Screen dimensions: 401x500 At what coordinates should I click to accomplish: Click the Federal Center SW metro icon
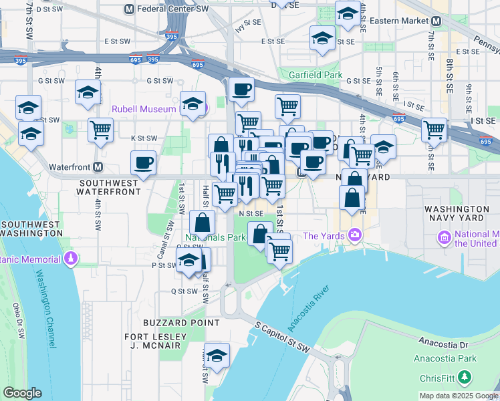(x=130, y=9)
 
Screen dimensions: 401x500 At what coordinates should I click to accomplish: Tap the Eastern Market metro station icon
(x=436, y=21)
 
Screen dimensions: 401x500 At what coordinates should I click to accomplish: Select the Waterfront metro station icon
(x=98, y=166)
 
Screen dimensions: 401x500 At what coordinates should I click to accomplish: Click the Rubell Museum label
(x=144, y=108)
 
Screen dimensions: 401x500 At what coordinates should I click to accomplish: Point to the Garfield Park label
(x=315, y=76)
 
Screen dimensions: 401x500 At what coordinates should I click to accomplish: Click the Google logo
(x=22, y=393)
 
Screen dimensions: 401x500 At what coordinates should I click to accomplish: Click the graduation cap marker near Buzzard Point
(x=217, y=356)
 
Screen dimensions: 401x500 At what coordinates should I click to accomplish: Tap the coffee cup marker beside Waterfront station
(x=144, y=162)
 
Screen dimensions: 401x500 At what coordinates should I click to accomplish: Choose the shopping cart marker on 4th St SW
(x=100, y=130)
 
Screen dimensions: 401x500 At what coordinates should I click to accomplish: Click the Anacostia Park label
(x=454, y=358)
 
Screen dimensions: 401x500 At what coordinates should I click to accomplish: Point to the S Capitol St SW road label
(x=283, y=337)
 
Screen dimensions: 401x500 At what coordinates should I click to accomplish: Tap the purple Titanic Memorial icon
(x=69, y=258)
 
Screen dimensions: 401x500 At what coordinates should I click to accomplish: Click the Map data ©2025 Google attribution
(x=458, y=396)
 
